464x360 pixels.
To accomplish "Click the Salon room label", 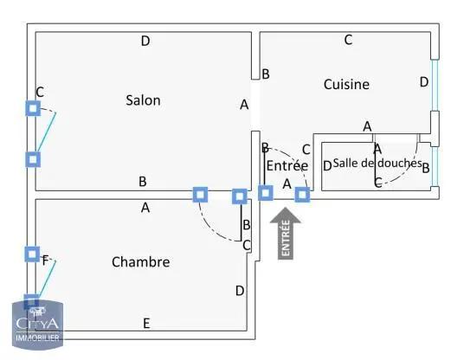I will coord(143,100).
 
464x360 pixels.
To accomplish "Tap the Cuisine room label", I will coord(346,84).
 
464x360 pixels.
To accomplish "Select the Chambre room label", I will coord(140,261).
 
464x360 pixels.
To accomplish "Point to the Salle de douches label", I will coord(377,163).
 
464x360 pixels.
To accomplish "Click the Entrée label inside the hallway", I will coord(287,165).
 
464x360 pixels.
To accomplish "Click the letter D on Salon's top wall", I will coord(145,41).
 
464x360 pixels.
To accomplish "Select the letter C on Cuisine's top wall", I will coord(348,39).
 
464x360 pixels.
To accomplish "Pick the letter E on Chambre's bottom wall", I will coord(146,324).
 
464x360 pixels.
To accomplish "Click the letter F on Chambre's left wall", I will coord(46,258).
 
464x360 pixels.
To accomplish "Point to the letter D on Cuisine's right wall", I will coord(423,82).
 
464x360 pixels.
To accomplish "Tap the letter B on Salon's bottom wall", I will coord(143,182).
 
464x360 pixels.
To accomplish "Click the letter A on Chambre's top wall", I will coord(145,208).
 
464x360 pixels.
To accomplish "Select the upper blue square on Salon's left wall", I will coord(32,108).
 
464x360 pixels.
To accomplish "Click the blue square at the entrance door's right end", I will coord(301,194).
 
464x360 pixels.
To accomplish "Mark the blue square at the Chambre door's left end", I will coord(200,195).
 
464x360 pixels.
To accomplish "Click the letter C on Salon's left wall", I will coord(40,92).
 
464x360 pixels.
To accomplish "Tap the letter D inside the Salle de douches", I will coord(326,166).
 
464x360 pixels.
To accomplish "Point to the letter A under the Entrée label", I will coord(287,183).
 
